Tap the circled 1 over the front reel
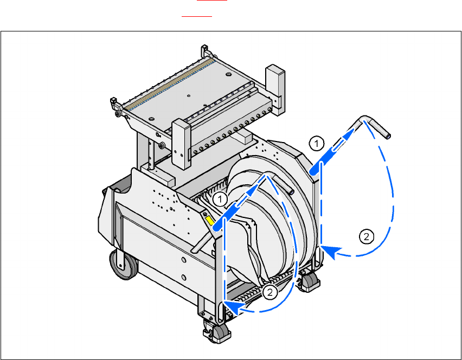[219, 199]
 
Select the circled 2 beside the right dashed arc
[367, 236]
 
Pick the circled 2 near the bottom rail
[269, 292]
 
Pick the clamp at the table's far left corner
[115, 106]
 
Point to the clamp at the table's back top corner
[206, 52]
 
